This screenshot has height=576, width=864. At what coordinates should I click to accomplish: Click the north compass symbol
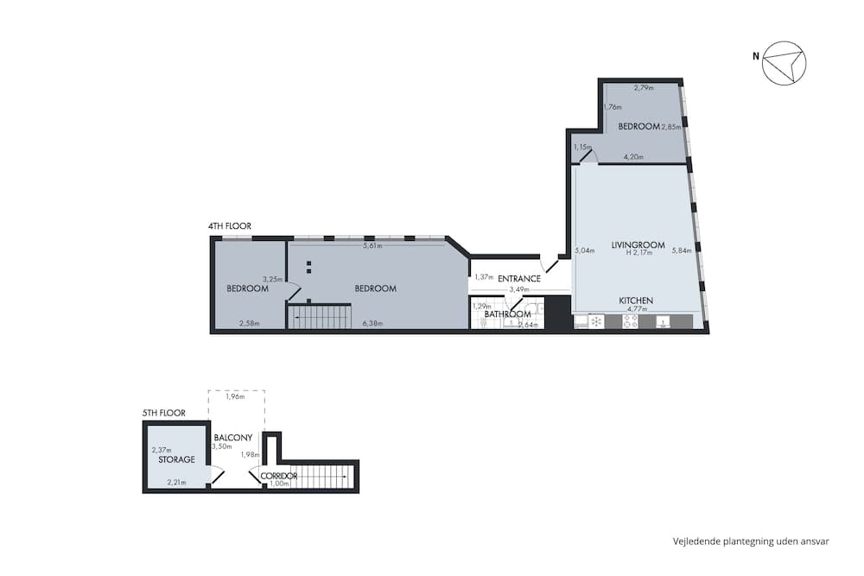(x=783, y=62)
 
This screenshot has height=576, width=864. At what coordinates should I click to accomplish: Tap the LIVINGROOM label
(x=638, y=245)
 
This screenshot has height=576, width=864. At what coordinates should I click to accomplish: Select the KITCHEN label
(x=635, y=301)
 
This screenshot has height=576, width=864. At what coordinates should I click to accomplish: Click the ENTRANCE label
(x=519, y=278)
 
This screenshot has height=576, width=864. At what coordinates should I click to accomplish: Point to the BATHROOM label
(x=507, y=314)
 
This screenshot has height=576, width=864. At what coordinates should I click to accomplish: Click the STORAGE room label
(x=176, y=459)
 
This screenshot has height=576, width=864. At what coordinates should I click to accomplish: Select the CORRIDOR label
(x=278, y=476)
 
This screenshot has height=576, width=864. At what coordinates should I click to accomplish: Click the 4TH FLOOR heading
(x=229, y=226)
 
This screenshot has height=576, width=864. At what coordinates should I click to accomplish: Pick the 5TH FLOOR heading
(x=163, y=414)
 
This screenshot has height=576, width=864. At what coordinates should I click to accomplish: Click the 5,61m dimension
(x=372, y=246)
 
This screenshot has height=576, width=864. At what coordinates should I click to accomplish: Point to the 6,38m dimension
(x=372, y=323)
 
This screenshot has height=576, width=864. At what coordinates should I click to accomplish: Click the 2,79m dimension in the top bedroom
(x=643, y=88)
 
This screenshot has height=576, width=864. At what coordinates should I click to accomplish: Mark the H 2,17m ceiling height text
(x=638, y=254)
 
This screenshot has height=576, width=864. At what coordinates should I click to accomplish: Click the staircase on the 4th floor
(x=319, y=316)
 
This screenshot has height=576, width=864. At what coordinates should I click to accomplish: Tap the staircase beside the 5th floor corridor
(x=323, y=477)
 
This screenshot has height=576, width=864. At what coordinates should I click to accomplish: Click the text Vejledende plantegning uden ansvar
(x=751, y=541)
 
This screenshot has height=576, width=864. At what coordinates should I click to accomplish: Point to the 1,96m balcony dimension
(x=234, y=397)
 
